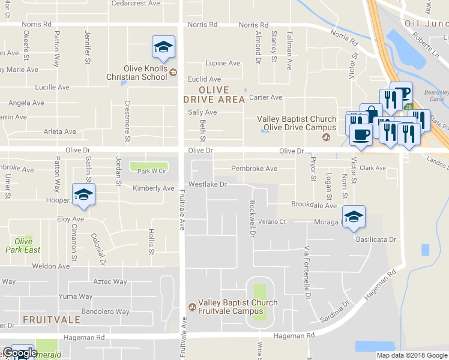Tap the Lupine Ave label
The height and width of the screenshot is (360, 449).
[223, 63]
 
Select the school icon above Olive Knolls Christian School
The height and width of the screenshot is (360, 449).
[163, 47]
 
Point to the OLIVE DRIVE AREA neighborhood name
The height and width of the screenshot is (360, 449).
[214, 95]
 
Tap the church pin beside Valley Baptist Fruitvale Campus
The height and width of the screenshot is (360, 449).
[192, 307]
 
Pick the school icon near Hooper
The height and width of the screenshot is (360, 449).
[83, 196]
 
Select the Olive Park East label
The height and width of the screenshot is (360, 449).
[23, 245]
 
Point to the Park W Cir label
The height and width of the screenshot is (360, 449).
[151, 172]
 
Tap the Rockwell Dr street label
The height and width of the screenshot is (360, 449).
[253, 218]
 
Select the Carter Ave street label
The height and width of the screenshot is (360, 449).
[265, 97]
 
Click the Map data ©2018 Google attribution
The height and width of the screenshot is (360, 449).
[411, 355]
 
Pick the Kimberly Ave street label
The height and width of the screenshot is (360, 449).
[153, 188]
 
